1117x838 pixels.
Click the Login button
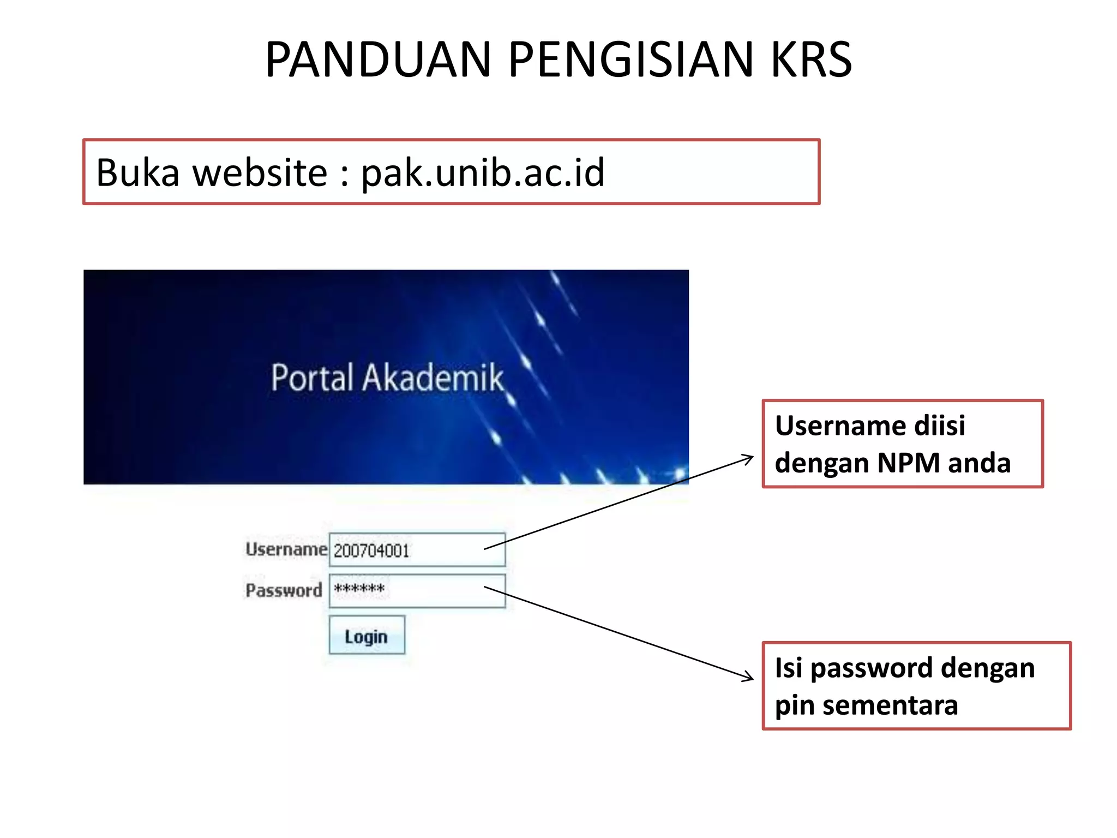tap(367, 636)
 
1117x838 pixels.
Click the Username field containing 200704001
tap(417, 550)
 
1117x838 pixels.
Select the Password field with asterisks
tap(417, 590)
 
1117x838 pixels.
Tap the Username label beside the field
tap(286, 549)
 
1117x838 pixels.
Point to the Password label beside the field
tap(284, 590)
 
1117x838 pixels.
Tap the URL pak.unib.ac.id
tap(483, 172)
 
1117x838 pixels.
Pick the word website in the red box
tap(260, 172)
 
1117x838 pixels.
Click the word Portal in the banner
tap(313, 378)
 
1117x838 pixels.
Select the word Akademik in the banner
tap(434, 378)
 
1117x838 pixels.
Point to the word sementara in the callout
tap(890, 705)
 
